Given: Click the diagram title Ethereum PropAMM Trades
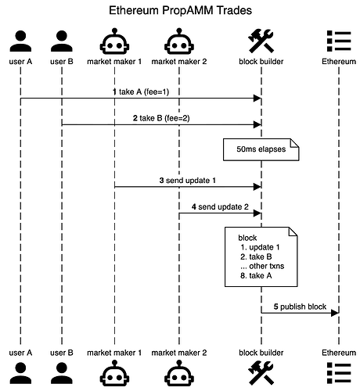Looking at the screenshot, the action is point(180,11).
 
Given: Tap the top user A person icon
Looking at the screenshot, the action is point(20,41).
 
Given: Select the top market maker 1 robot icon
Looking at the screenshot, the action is point(114,41).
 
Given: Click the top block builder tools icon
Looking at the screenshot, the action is point(261,41).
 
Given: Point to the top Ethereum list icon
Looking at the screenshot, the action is point(339,41).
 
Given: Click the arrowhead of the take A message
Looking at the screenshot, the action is point(257,99).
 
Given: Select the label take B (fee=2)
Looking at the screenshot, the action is point(161,118).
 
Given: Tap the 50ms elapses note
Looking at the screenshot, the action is point(261,149).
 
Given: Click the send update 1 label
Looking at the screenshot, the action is point(188,181).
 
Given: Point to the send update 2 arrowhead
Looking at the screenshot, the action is point(257,213).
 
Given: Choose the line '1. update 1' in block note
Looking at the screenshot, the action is point(260,247).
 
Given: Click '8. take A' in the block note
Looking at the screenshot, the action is point(256,275).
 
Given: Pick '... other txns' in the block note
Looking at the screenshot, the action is point(262,266).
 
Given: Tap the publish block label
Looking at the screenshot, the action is point(300,307).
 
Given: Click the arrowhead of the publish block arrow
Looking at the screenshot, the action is point(335,313).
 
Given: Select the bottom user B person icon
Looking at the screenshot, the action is point(62,373).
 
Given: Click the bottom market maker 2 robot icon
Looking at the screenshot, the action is point(179,373).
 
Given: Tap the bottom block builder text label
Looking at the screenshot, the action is point(261,353).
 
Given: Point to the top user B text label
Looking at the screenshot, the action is point(62,62).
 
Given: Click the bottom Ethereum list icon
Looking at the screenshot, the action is point(339,373).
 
